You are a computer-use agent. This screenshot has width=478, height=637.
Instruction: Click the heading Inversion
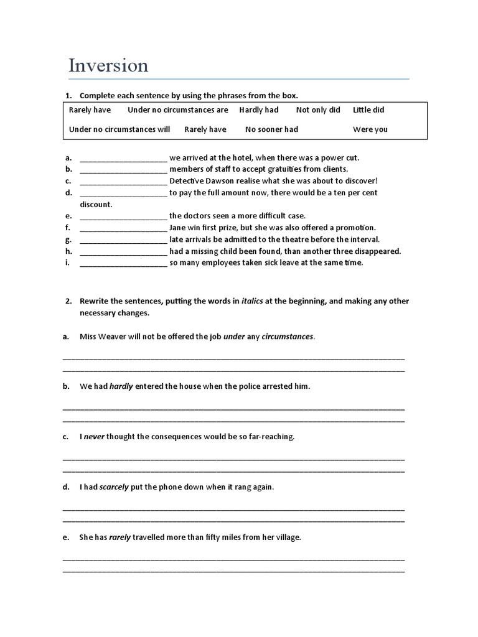[108, 65]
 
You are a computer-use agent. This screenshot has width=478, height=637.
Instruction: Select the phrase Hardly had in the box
[259, 110]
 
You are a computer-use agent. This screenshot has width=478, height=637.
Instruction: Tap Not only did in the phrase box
[318, 110]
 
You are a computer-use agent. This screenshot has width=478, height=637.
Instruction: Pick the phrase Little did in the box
[368, 110]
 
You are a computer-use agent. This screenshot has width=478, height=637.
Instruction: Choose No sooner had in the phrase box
[271, 129]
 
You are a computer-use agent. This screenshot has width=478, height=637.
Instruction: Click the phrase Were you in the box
[370, 129]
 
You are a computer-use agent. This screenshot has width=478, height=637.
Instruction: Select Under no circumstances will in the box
[119, 129]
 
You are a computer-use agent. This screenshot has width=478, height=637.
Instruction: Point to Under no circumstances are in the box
[178, 110]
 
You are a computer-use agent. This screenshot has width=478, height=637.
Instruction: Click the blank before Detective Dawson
[123, 181]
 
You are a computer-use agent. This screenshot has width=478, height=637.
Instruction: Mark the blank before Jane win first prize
[123, 228]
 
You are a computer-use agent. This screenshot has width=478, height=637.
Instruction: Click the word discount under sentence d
[96, 205]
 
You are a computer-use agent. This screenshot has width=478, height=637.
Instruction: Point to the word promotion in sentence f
[355, 228]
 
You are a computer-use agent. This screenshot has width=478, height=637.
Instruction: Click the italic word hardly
[121, 386]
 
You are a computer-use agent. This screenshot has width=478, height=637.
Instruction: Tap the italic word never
[95, 437]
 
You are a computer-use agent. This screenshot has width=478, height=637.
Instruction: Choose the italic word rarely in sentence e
[119, 537]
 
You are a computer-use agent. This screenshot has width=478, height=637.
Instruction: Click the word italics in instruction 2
[252, 302]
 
